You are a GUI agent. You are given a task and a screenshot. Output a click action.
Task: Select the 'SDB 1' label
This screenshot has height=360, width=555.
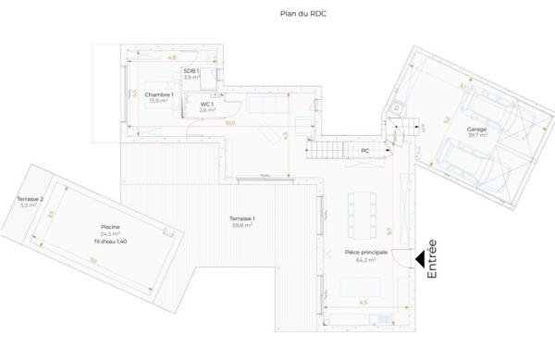pos(191,71)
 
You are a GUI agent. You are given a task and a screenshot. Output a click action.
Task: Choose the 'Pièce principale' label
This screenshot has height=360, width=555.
pos(364,253)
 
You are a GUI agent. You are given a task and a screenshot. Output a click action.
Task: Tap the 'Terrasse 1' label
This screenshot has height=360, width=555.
pos(242,217)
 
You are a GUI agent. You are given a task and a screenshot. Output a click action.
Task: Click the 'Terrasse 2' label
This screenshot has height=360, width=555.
pos(27,199)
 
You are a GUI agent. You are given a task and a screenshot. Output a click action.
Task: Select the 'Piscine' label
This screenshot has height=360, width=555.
pos(111,227)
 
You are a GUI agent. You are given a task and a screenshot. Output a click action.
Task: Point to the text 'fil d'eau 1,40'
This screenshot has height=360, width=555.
pos(111,242)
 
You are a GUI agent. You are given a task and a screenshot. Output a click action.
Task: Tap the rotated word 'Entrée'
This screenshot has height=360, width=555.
pos(432,260)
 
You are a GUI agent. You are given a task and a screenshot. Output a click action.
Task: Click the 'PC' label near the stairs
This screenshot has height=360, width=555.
pos(365,150)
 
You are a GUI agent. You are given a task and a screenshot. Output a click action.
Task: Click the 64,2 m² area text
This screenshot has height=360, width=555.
pos(364,260)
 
